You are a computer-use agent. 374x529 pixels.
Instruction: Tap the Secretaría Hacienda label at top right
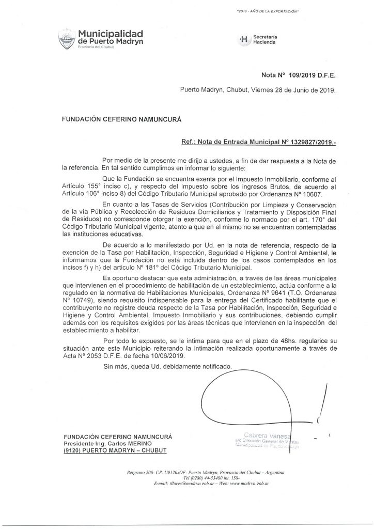263,40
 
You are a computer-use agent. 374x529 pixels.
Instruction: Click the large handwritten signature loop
248,398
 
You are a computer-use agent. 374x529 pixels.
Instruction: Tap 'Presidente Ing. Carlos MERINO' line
107,444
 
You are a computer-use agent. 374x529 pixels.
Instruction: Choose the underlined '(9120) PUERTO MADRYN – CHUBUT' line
109,451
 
